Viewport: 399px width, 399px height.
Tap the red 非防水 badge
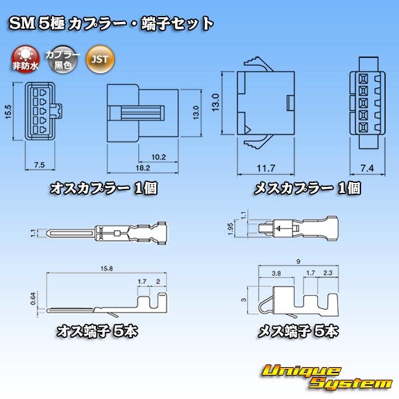click(26, 59)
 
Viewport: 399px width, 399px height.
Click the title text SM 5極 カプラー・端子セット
click(111, 24)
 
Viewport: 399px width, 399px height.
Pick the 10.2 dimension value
click(158, 157)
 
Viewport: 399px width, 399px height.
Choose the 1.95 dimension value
click(230, 229)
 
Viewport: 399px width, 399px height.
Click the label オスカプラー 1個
click(103, 188)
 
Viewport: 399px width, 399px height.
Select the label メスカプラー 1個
click(307, 188)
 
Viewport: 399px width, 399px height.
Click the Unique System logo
click(326, 377)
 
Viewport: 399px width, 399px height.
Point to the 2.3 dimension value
click(327, 273)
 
